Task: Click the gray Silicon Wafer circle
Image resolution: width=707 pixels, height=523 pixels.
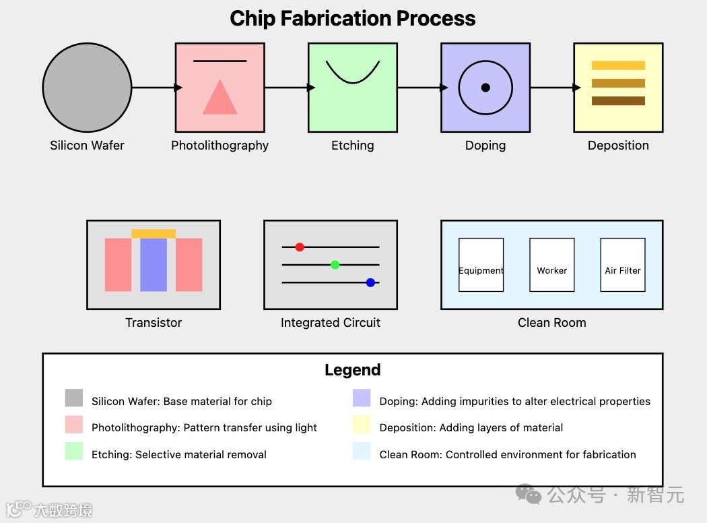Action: coord(87,88)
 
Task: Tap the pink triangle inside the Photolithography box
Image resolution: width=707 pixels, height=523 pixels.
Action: coord(220,100)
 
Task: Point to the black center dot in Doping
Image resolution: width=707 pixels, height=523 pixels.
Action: coord(485,88)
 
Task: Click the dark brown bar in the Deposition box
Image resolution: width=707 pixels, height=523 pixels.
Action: coord(618,101)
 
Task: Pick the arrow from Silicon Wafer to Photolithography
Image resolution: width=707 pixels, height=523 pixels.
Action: coord(155,88)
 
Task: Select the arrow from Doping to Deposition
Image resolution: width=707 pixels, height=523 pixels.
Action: coord(553,88)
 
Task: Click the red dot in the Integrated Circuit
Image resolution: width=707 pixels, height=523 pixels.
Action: coord(300,247)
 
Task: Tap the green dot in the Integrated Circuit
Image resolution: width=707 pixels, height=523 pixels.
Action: coord(335,264)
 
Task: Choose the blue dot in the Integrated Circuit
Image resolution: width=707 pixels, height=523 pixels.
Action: coord(370,282)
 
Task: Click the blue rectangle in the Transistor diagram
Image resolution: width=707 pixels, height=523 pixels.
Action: coord(154,265)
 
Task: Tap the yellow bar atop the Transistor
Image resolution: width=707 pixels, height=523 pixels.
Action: coord(154,234)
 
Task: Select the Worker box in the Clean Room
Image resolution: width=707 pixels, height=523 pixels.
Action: coord(552,265)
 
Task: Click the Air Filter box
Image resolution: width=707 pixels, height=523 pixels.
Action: coord(623,265)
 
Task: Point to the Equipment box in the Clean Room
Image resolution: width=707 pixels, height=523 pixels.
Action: coord(481,265)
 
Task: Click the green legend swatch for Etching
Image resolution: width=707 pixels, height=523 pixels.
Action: coord(74,451)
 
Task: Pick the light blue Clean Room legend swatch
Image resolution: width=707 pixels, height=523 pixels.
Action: coord(362,451)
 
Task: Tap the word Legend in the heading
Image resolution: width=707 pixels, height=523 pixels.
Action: coord(353,370)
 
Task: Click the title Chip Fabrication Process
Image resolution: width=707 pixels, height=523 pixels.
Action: coord(353,18)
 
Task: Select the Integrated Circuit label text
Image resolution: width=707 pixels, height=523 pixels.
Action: coord(331,323)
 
